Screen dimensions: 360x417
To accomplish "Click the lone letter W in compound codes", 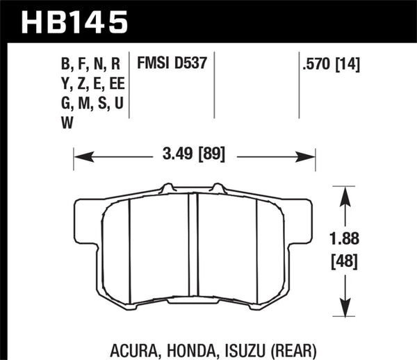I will (68, 122).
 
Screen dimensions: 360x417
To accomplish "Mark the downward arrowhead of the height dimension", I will (342, 307).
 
